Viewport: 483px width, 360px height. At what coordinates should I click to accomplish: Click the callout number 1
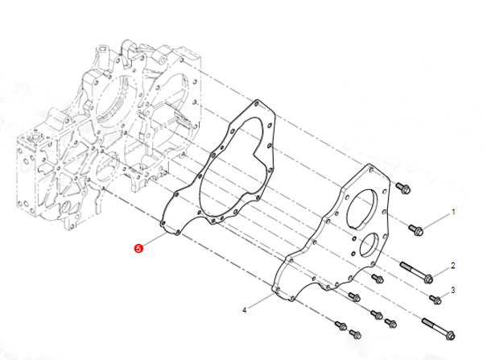click(x=452, y=212)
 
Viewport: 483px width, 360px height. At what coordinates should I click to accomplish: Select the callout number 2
click(x=452, y=265)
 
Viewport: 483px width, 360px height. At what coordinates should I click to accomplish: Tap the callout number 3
click(x=452, y=290)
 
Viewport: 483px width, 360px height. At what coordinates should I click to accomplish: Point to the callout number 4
click(x=245, y=308)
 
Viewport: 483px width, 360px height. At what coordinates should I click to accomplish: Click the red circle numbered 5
click(x=138, y=249)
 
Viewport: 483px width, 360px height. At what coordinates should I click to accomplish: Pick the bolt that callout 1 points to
click(x=418, y=230)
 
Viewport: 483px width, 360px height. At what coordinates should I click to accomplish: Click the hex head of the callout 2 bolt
click(x=428, y=279)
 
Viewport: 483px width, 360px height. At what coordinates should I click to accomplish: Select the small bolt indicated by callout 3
click(x=436, y=300)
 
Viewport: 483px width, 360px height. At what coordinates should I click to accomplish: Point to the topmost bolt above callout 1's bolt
click(x=400, y=188)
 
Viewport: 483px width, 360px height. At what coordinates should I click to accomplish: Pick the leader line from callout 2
click(x=442, y=271)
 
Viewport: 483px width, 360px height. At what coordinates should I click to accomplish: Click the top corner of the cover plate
click(x=369, y=166)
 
